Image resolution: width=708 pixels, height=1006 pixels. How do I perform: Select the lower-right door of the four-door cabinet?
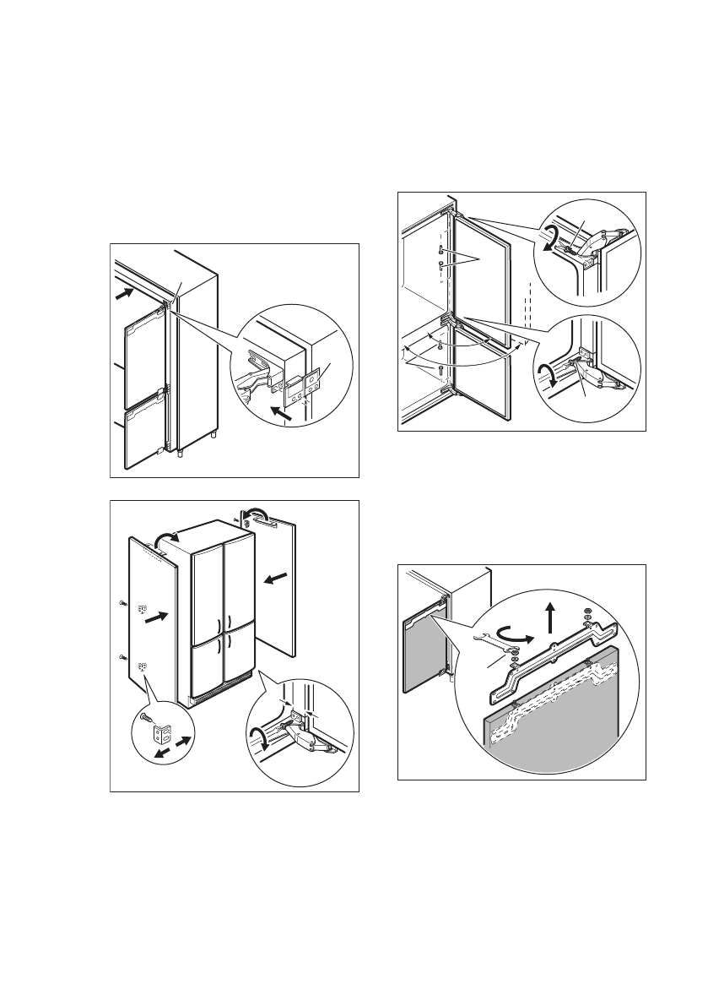point(237,672)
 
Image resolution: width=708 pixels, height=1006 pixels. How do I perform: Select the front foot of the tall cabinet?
point(180,453)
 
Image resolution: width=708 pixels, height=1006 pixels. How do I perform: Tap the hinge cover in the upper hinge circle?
point(604,240)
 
